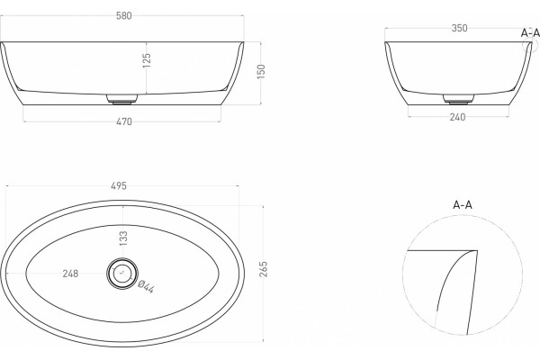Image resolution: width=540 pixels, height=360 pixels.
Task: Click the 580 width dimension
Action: [x=124, y=16]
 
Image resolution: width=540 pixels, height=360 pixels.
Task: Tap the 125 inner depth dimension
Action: [x=147, y=60]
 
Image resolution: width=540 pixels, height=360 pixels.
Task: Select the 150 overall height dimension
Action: [x=261, y=71]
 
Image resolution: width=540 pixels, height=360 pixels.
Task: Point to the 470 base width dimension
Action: [x=124, y=121]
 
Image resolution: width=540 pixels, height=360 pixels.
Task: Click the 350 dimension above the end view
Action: [x=459, y=28]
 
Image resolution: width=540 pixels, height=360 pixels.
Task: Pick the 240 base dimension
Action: [x=458, y=117]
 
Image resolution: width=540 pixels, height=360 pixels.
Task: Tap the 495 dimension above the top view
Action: [x=119, y=186]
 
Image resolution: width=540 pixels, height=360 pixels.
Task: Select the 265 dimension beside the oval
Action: [x=264, y=269]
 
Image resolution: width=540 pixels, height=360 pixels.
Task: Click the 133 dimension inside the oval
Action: [x=123, y=238]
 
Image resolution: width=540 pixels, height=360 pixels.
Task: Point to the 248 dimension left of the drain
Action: [x=70, y=274]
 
